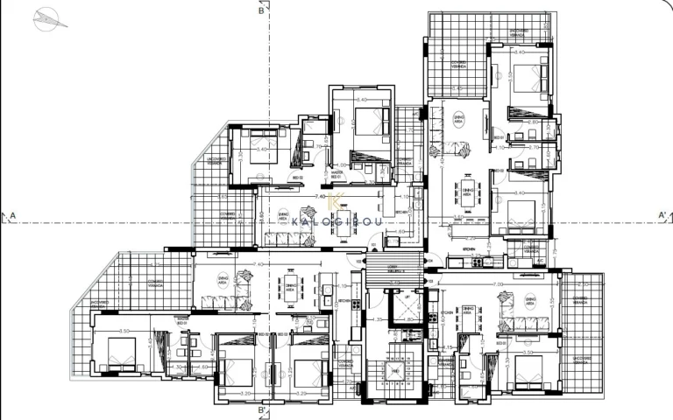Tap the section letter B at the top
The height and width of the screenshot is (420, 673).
(x=261, y=11)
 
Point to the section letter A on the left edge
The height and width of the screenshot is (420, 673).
(x=12, y=213)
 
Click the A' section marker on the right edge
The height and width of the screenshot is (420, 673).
(x=662, y=213)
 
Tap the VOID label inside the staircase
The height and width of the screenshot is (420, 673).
(x=397, y=372)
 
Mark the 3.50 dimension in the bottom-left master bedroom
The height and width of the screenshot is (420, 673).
(x=124, y=331)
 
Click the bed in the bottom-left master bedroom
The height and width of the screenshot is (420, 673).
(x=118, y=354)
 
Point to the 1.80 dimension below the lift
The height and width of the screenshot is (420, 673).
(x=408, y=319)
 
